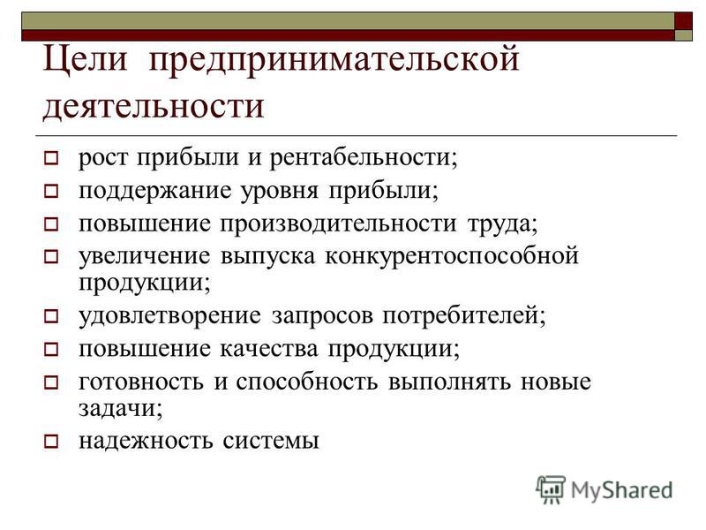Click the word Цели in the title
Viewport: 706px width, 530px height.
[x=85, y=60]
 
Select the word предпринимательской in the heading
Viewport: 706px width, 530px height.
[x=334, y=61]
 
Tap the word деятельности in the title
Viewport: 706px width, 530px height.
[x=153, y=108]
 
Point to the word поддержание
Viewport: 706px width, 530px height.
[x=155, y=192]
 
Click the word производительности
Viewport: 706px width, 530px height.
[x=338, y=224]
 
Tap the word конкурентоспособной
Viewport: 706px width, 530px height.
[x=452, y=257]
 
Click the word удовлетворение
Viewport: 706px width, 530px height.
[x=169, y=316]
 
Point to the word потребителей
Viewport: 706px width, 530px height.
[x=464, y=316]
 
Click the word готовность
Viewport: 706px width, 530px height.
[x=141, y=382]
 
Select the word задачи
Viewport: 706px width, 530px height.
[x=120, y=409]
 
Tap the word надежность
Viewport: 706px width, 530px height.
[x=146, y=440]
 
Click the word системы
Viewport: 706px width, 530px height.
[x=271, y=441]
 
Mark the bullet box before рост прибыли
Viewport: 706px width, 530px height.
[x=51, y=159]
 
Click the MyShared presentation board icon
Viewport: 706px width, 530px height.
[x=551, y=490]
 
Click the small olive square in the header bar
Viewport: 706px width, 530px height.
[x=683, y=35]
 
